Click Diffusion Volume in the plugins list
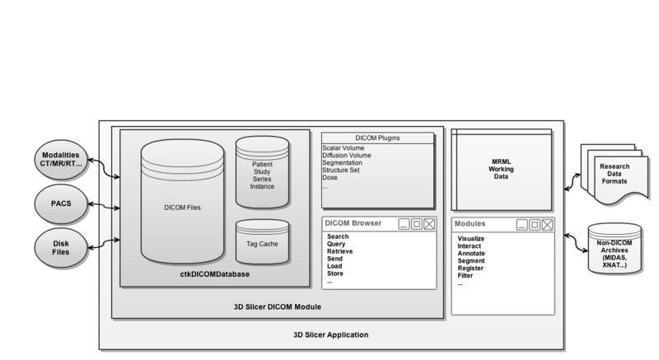(346, 155)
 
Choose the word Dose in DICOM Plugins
(330, 178)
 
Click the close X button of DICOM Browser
(429, 224)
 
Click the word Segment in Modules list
(472, 261)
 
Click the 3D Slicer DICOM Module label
(278, 307)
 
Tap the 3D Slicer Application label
(331, 334)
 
